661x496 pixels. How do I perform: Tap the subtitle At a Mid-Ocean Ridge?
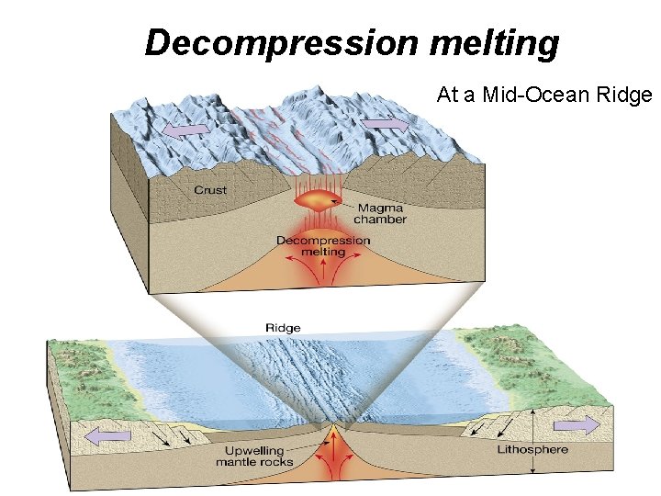[x=543, y=95]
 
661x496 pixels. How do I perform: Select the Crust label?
[x=210, y=190]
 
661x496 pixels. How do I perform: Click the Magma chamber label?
[x=380, y=214]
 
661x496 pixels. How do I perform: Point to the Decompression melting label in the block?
[x=323, y=245]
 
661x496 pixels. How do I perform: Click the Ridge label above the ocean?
[x=282, y=328]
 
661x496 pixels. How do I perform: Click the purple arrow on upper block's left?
[x=186, y=131]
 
